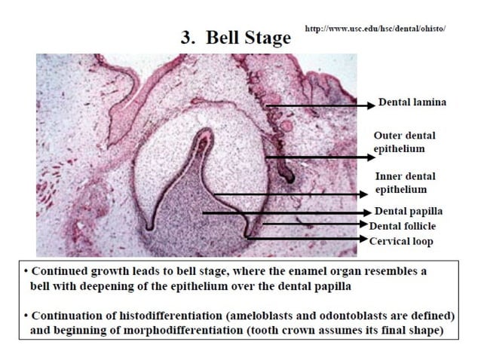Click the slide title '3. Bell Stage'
(234, 38)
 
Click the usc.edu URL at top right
(375, 29)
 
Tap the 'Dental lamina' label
(412, 102)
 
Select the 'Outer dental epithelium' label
(404, 142)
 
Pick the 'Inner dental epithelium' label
(405, 183)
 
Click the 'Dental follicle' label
(403, 225)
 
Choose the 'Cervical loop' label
(400, 241)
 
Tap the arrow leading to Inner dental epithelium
(294, 195)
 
